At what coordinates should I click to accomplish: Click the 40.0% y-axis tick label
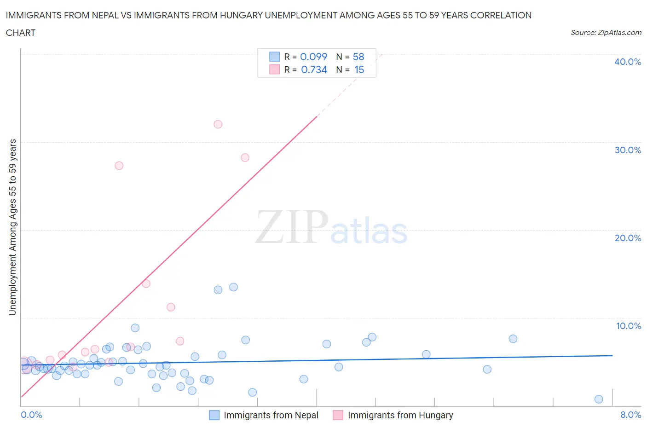(627, 62)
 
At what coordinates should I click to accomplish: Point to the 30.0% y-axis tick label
(627, 150)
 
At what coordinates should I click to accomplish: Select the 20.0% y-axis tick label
(627, 238)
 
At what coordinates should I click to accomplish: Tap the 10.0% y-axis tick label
(628, 326)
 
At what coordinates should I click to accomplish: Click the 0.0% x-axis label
(31, 415)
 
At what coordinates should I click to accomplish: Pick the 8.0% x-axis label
(630, 415)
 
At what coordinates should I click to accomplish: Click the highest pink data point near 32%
(218, 124)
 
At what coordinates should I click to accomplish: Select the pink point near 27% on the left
(119, 166)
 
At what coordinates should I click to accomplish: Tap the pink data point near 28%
(245, 157)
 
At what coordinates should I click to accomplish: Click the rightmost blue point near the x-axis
(599, 399)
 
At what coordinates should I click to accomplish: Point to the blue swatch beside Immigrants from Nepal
(214, 415)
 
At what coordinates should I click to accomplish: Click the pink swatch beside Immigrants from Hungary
(338, 415)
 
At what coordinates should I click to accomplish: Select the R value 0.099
(313, 57)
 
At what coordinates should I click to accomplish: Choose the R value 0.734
(314, 69)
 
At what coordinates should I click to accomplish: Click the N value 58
(358, 57)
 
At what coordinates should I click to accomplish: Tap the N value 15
(359, 69)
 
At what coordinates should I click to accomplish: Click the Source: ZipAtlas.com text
(606, 32)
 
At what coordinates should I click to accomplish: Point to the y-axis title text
(12, 227)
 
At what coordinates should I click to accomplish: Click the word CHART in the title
(21, 33)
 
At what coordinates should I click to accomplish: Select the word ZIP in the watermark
(292, 226)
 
